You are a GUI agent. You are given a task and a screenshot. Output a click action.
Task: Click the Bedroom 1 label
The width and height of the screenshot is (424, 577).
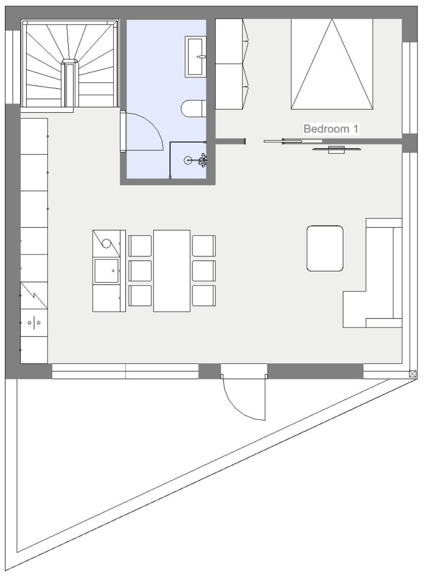point(331,129)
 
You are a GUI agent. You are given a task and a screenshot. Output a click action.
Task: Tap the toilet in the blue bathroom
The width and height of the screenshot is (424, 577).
point(194,109)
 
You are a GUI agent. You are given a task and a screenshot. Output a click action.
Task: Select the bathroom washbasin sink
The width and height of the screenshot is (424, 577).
point(195,57)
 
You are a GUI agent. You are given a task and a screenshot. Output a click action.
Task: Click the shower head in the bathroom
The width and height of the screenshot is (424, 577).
point(187,160)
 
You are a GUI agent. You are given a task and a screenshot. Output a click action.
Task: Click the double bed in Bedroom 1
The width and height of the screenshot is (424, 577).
point(332,64)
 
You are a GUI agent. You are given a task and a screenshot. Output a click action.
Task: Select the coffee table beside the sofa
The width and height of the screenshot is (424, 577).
point(325,249)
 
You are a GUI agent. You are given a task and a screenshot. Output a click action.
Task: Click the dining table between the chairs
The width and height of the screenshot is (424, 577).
point(171,271)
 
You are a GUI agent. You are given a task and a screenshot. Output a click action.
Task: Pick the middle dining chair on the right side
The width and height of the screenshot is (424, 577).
point(204,271)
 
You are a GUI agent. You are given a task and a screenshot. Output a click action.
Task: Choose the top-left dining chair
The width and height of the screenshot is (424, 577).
point(140,246)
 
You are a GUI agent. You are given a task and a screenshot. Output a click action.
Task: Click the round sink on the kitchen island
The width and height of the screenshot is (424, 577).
point(106,243)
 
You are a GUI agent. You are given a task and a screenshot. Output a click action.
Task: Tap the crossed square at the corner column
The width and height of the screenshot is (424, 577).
point(412,374)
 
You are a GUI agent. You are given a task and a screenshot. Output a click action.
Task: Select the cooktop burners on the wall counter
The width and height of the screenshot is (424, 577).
point(34,323)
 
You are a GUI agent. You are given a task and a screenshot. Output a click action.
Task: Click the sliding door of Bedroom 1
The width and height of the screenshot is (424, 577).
point(293,141)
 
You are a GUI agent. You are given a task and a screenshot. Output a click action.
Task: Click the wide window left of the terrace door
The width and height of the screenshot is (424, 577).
point(125,371)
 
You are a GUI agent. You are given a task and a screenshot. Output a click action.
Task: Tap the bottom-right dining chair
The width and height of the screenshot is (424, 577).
point(204,295)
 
